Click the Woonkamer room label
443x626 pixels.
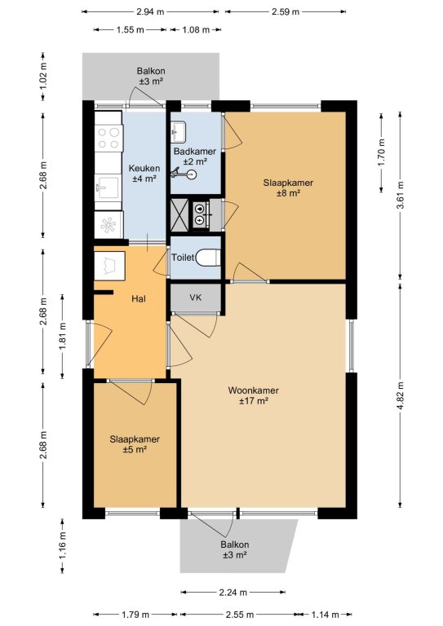click(x=253, y=390)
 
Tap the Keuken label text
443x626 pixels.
click(x=144, y=169)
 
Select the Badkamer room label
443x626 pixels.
click(x=195, y=152)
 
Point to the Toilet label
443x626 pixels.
click(x=183, y=258)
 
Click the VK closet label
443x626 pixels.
click(x=196, y=298)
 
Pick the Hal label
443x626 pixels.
click(x=139, y=298)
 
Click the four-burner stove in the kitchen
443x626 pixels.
click(x=109, y=138)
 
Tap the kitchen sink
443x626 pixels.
click(x=107, y=187)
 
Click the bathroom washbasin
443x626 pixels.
click(x=179, y=131)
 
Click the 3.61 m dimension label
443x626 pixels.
click(x=401, y=195)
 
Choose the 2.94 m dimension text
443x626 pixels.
click(x=150, y=11)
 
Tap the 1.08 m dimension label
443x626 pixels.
click(x=196, y=29)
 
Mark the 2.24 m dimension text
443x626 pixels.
click(x=233, y=593)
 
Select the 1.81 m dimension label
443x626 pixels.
click(x=63, y=336)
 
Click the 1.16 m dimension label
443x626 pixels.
click(x=63, y=546)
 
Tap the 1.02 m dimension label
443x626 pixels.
click(x=43, y=77)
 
